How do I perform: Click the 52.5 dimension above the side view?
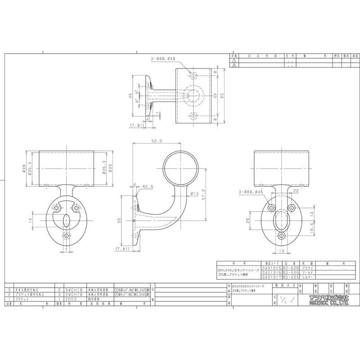tap(156, 141)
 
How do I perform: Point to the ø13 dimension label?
tap(195, 194)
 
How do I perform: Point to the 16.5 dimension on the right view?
tap(311, 229)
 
